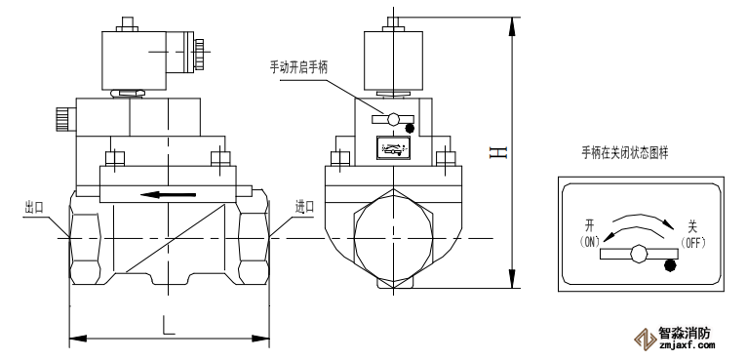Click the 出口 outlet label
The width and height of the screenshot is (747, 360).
tap(34, 208)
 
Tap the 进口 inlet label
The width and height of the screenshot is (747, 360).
tap(304, 207)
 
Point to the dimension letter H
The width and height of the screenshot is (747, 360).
tap(498, 152)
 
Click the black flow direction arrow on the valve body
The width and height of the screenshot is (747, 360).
tap(168, 194)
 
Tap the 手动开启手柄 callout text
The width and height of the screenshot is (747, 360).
tap(298, 67)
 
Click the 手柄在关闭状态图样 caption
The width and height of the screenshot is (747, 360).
tap(624, 153)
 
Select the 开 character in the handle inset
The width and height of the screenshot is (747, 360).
tap(590, 225)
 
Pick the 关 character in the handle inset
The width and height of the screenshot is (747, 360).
tap(690, 225)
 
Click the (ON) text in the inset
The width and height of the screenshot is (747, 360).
tap(590, 242)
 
